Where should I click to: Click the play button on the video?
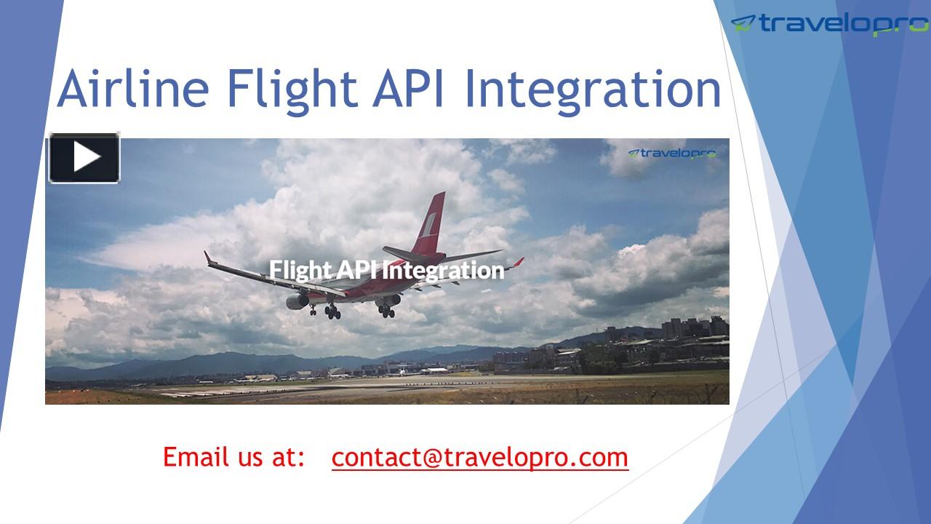84,158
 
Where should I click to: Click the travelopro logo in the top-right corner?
829,24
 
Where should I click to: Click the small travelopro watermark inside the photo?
672,153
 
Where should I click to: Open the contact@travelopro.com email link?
480,458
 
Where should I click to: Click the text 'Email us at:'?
233,458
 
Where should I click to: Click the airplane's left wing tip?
208,257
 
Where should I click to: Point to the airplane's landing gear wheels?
332,311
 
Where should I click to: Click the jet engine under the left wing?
297,300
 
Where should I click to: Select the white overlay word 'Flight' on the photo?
300,270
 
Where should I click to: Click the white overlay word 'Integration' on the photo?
443,270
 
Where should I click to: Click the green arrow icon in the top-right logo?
743,23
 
